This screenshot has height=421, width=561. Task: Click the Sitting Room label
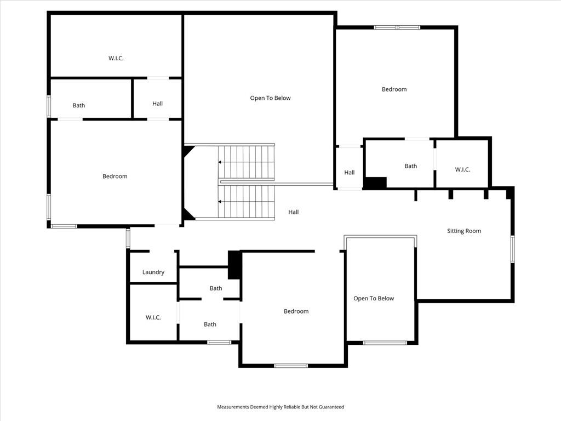coord(464,231)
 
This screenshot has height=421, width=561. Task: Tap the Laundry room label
coord(153,272)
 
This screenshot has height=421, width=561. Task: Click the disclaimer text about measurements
coord(280,407)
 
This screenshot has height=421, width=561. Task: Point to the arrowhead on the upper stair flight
coord(220,162)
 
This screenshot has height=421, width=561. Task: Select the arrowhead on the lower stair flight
coord(220,202)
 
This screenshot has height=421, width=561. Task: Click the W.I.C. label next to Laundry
coord(153,317)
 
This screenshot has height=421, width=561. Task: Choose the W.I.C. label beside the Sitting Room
coord(462,170)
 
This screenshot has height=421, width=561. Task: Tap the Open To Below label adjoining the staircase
coord(270,98)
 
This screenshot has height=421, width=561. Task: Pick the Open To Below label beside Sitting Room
coord(374,299)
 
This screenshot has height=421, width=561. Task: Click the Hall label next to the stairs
coord(294,212)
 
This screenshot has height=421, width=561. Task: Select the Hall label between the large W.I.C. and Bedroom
coord(157,104)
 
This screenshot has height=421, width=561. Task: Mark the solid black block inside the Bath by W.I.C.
coord(375,183)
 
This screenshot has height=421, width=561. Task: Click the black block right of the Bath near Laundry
coord(234,265)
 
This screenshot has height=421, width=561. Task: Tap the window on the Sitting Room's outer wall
coord(512,249)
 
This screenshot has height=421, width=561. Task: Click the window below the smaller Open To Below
coord(385,343)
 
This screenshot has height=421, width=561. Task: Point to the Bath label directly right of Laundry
coord(216,288)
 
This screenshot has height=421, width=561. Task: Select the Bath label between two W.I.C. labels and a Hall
coord(411,166)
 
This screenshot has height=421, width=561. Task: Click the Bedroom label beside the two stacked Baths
coord(296,311)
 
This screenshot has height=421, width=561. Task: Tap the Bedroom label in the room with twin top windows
coord(394,89)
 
